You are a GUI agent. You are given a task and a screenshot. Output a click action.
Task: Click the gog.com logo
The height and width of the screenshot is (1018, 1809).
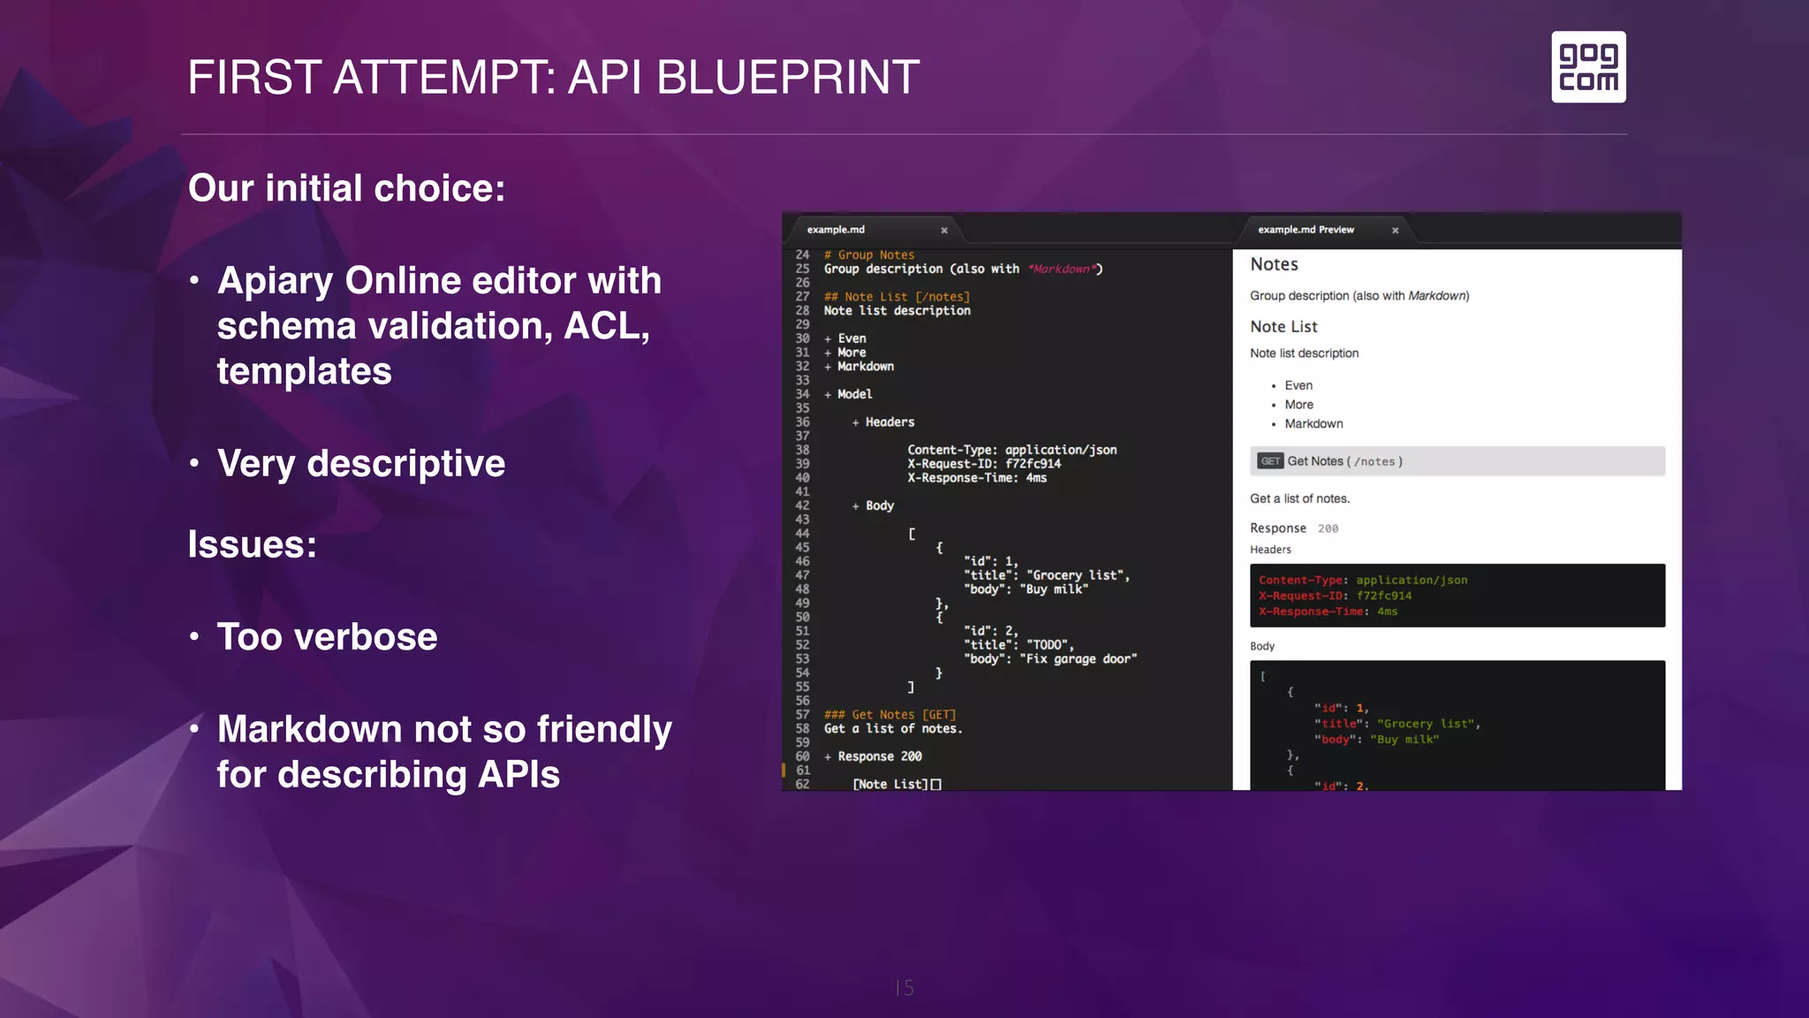coord(1588,67)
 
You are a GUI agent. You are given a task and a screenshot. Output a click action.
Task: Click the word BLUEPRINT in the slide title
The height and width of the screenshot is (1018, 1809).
coord(788,78)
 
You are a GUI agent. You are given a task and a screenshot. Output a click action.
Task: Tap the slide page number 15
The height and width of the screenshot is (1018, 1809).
coord(904,988)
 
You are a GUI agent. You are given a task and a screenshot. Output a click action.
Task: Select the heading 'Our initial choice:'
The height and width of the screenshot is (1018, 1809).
coord(346,188)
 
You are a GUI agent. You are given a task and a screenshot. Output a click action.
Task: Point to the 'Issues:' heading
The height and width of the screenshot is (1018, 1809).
coord(252,544)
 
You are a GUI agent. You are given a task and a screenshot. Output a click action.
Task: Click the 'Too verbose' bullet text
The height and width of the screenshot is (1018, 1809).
coord(327,637)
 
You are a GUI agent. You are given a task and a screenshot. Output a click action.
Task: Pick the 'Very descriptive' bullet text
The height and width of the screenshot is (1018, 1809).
coord(360,464)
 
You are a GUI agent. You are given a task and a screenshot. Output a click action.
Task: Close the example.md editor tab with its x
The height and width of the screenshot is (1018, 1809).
coord(944,231)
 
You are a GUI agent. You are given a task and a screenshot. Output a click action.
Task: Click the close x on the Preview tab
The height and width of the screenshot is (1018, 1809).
coord(1396,231)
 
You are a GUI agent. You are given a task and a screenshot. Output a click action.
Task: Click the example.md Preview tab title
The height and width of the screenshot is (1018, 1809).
coord(1306,230)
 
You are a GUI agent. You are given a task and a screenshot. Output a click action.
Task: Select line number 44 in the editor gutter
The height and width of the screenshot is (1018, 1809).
coord(802,534)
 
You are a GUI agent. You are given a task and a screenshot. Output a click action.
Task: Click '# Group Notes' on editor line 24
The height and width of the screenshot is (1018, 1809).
coord(869,255)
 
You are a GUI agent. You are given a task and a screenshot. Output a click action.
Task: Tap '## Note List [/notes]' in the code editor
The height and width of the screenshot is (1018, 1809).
coord(897,297)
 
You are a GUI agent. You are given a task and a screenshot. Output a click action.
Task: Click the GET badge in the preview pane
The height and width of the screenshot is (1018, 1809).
coord(1270,461)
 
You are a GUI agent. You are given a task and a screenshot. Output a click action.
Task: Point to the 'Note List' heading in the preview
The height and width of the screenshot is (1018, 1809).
coord(1283,327)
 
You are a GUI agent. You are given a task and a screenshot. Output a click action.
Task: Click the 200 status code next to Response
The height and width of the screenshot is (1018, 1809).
coord(1328,529)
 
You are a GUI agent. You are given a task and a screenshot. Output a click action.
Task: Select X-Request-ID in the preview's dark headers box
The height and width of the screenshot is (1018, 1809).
coord(1302,596)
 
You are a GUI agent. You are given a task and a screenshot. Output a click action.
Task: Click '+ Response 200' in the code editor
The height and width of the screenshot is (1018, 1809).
coord(874,757)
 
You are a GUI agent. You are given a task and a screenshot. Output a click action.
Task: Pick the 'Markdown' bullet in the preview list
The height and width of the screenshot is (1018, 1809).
coord(1313,424)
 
